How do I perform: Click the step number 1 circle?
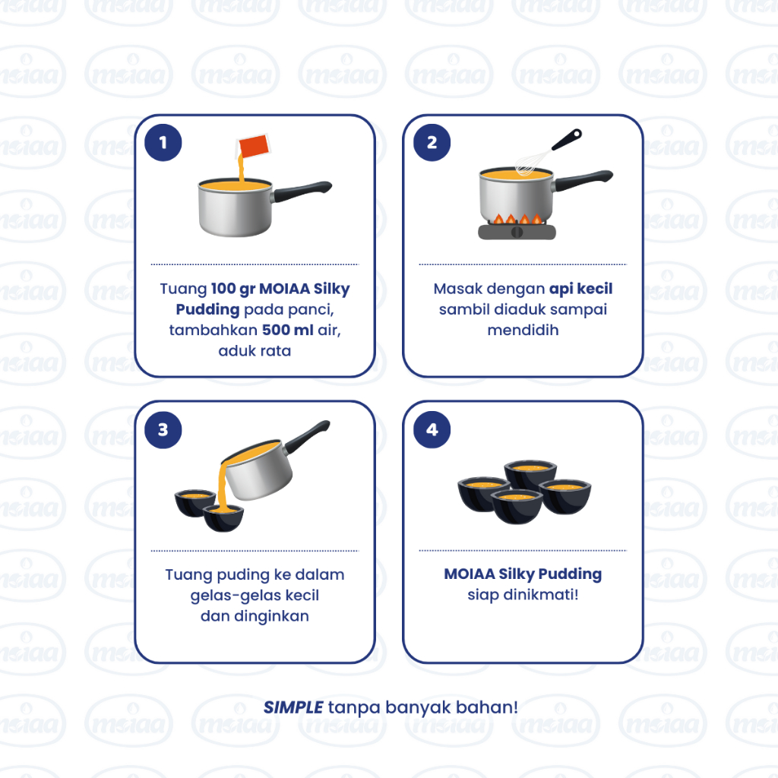tap(163, 142)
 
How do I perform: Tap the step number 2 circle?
tap(432, 142)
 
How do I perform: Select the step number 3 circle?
tap(163, 430)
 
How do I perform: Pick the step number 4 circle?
tap(432, 430)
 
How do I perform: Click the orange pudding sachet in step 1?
tap(253, 146)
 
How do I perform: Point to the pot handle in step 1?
tap(302, 191)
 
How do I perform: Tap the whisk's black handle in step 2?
tap(567, 140)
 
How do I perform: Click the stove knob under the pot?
tap(517, 232)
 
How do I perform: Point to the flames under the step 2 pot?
tap(517, 219)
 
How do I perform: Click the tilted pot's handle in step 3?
tap(307, 436)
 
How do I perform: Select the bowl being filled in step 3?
tap(223, 518)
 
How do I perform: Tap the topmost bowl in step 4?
tap(530, 473)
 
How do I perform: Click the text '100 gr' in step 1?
tap(232, 289)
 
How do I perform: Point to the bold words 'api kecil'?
tap(580, 289)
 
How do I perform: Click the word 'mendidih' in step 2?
tap(523, 330)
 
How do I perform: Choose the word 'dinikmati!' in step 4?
tap(541, 594)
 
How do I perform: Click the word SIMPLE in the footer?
tap(293, 707)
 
